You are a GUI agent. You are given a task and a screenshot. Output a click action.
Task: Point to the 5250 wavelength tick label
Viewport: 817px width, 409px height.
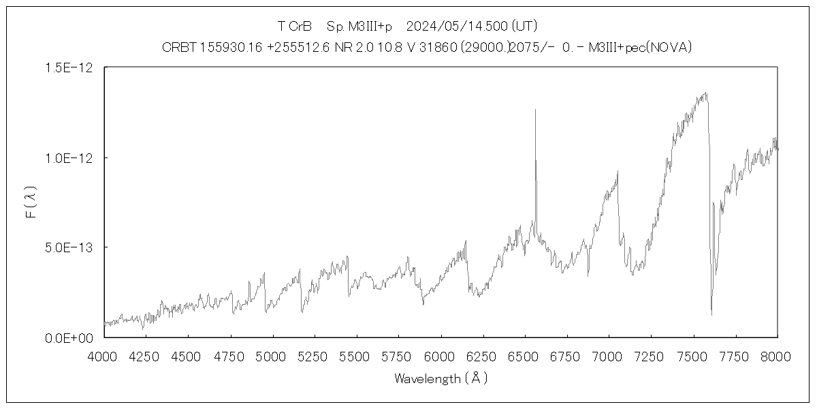(314, 357)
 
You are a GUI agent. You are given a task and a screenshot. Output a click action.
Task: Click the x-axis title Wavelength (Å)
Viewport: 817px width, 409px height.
(440, 379)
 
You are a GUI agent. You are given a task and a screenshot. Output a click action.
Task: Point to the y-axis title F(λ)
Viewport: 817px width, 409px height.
(31, 202)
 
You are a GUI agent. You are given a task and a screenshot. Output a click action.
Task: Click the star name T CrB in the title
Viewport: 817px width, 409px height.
(294, 27)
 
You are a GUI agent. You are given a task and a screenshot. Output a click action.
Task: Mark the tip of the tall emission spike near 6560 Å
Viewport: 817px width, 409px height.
(535, 109)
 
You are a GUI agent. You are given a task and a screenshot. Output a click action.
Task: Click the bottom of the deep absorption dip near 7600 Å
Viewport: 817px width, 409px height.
(711, 314)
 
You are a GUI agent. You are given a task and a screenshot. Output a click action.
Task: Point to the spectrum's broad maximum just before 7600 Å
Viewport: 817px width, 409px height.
(705, 93)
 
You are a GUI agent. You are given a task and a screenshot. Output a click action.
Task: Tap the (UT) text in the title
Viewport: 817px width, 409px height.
(524, 27)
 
